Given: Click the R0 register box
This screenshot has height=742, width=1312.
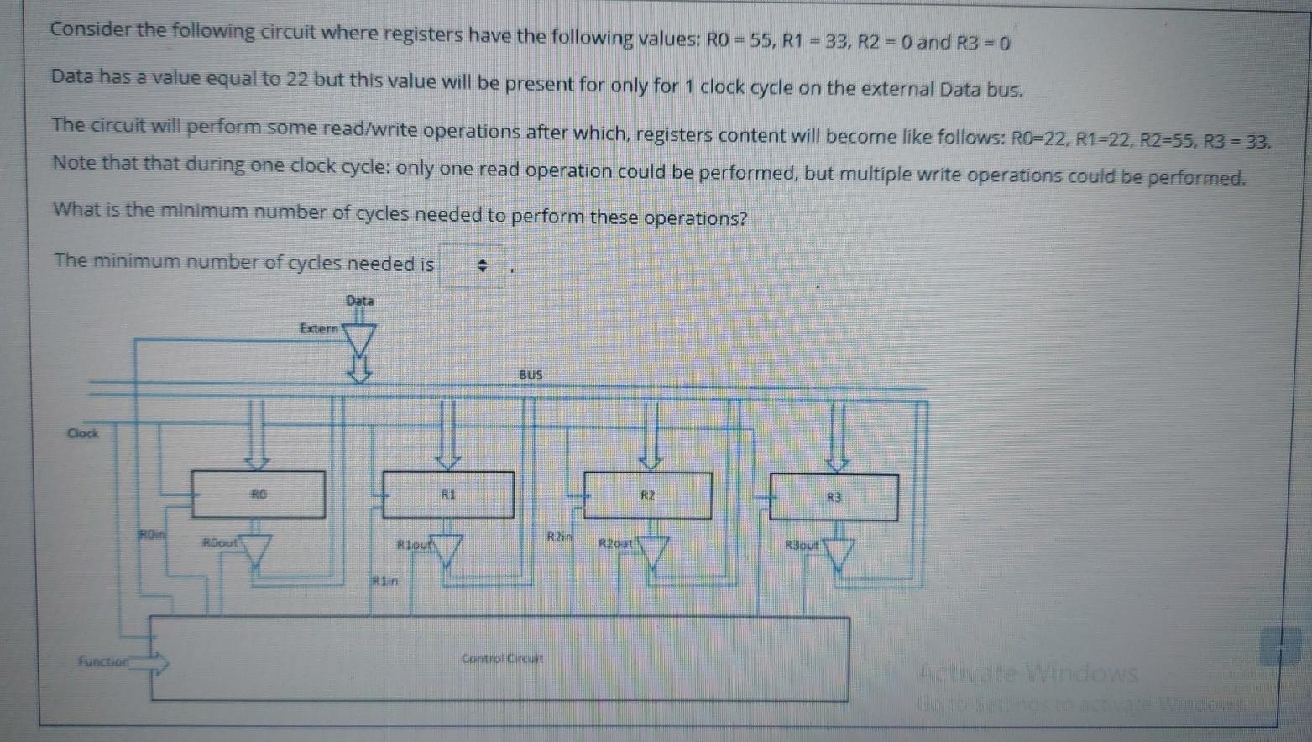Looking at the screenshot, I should click(x=259, y=494).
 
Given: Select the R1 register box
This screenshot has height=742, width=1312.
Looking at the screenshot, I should click(x=448, y=494).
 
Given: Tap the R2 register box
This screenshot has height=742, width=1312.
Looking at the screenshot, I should click(x=648, y=495).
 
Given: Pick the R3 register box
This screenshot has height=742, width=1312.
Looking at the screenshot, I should click(x=834, y=497).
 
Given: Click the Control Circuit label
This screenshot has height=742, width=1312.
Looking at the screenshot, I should click(x=502, y=659).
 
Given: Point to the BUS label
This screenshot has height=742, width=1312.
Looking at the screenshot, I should click(x=531, y=375).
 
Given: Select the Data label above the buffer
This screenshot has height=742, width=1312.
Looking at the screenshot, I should click(x=359, y=300).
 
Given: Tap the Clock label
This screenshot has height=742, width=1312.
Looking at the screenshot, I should click(x=82, y=434).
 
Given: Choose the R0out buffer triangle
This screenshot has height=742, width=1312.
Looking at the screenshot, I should click(x=256, y=551).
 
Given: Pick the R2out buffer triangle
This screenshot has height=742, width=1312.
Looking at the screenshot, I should click(x=653, y=552).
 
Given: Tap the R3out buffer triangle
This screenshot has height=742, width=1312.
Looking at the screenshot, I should click(x=839, y=553).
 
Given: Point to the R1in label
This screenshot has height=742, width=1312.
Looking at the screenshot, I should click(x=384, y=580).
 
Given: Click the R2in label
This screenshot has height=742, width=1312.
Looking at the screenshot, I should click(x=560, y=536).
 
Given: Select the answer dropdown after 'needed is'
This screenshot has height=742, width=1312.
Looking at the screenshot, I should click(x=473, y=266).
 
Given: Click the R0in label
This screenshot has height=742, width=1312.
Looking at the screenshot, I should click(x=152, y=533).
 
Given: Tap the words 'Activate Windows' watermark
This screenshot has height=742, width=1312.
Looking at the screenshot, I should click(x=1028, y=673).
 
